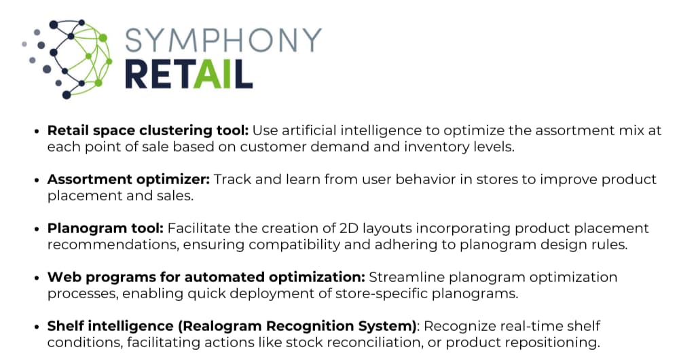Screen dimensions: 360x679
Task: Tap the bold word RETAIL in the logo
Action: pos(189,75)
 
